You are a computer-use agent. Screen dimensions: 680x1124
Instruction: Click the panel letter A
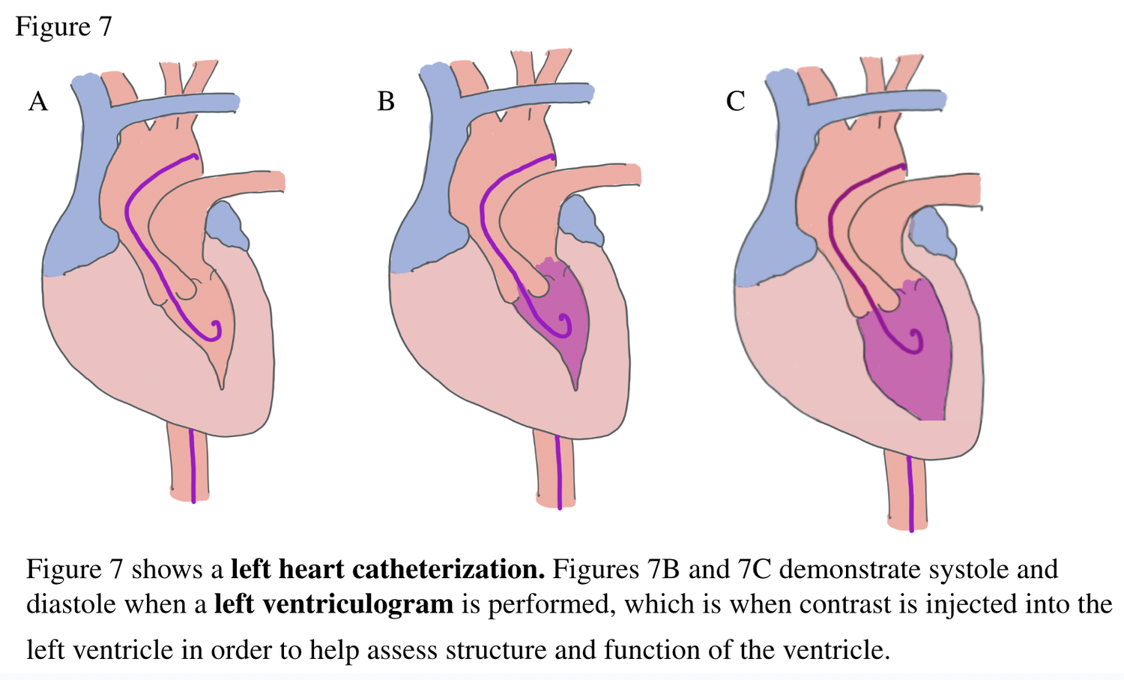pyautogui.click(x=38, y=101)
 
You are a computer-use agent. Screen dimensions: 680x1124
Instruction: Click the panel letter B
pyautogui.click(x=386, y=101)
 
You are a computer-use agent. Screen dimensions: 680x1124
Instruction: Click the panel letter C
pyautogui.click(x=735, y=101)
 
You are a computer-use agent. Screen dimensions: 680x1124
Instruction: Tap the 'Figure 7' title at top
pyautogui.click(x=64, y=27)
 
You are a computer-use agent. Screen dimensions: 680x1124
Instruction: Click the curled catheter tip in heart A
pyautogui.click(x=214, y=331)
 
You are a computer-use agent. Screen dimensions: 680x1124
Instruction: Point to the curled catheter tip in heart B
pyautogui.click(x=563, y=325)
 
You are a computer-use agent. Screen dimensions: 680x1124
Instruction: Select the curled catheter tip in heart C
pyautogui.click(x=915, y=339)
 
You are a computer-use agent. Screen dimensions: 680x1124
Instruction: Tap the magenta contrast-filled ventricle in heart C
pyautogui.click(x=907, y=367)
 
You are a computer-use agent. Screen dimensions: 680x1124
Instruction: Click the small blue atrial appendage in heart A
pyautogui.click(x=227, y=226)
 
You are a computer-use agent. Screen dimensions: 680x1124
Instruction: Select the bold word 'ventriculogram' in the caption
pyautogui.click(x=333, y=604)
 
